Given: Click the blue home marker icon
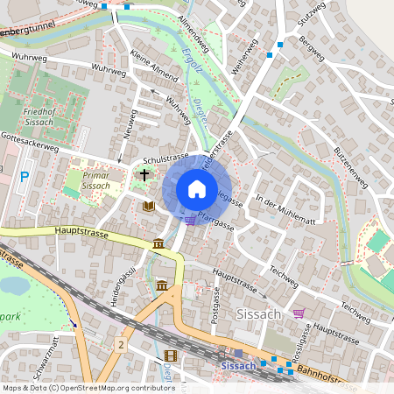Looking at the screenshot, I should pos(197,189).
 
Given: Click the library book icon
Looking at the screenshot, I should pos(149,206).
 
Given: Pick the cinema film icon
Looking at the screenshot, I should pos(170,355).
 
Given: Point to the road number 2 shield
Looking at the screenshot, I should pos(121,346).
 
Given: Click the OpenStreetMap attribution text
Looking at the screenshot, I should pos(88,388).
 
